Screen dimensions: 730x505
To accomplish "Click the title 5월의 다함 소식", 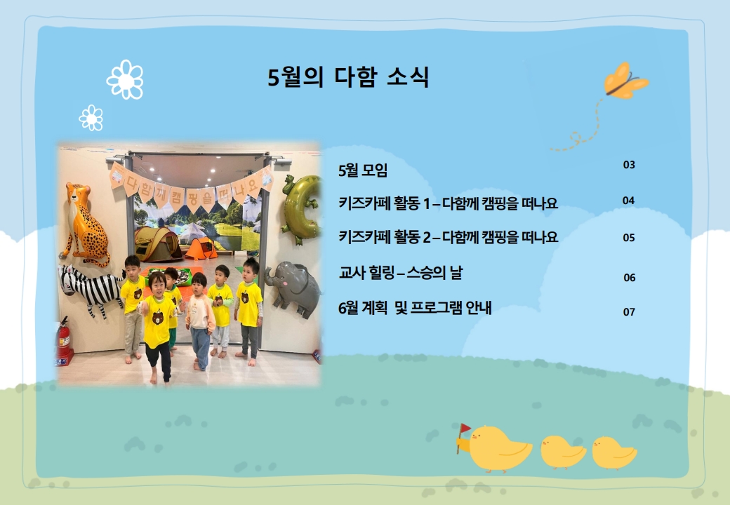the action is tap(347, 76).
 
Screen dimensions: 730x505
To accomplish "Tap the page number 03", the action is tap(629, 165).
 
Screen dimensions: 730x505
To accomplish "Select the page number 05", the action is tap(629, 238).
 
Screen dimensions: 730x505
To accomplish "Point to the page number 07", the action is tap(629, 312).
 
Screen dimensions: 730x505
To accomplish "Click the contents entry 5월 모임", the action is tap(363, 170).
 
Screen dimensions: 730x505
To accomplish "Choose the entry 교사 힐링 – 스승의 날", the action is tap(401, 273).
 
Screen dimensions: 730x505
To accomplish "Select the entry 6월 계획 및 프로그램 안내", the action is tap(415, 308).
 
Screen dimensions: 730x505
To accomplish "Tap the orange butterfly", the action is tap(625, 81).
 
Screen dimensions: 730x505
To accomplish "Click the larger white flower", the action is tap(125, 79).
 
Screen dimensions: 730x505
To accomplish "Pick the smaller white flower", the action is tap(91, 118).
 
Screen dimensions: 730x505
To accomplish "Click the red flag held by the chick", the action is tap(465, 429).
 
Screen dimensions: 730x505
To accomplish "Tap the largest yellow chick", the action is tap(499, 448).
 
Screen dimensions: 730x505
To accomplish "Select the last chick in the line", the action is tap(613, 452).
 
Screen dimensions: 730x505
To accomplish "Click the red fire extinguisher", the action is tap(64, 340).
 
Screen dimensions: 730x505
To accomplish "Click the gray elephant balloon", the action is tap(293, 288).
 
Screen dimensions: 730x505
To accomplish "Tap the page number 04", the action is tap(628, 201).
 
